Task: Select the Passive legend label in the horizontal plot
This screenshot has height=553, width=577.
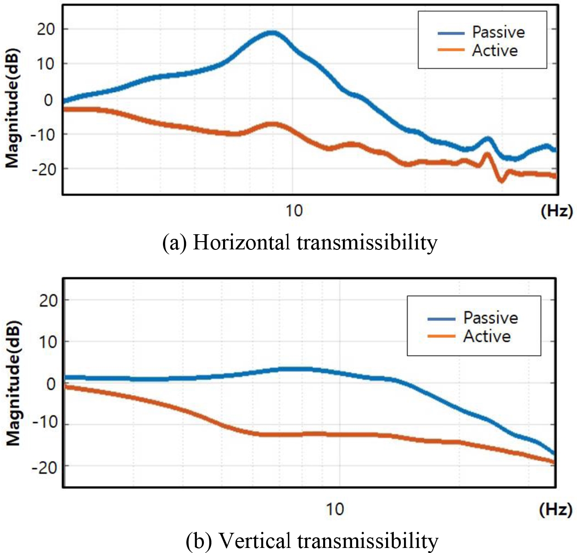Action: pos(499,32)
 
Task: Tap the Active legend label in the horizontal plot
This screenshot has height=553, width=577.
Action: pos(495,50)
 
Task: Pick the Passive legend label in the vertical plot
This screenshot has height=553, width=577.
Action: pos(490,318)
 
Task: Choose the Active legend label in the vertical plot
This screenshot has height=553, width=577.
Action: pos(487,336)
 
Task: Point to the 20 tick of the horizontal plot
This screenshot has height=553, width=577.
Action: pos(45,29)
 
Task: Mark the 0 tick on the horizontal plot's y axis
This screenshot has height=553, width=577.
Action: pos(48,100)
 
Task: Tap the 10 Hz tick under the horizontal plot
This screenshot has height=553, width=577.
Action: pos(294,211)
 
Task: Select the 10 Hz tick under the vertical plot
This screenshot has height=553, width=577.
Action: pos(335,509)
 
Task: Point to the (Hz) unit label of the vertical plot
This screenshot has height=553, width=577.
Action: pos(556,509)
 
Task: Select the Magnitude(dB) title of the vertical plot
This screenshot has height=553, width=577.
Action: pos(13,383)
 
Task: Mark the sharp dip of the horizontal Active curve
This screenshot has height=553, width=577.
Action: pos(501,181)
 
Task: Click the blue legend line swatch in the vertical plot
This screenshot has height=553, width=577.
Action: pos(441,319)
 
